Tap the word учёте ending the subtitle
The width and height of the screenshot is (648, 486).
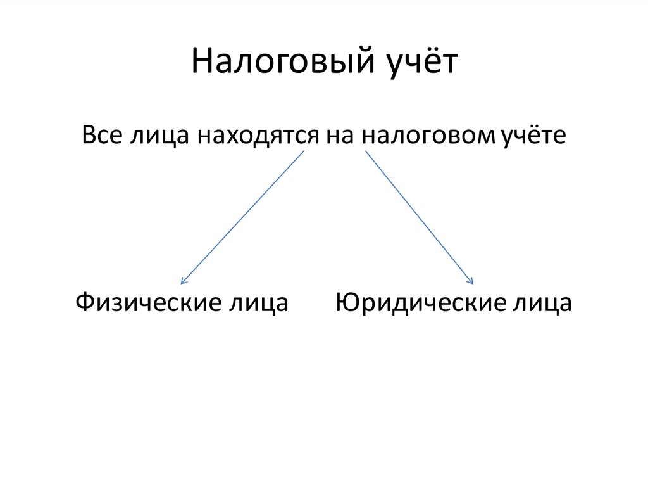tap(533, 136)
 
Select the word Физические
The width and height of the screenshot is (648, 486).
tap(144, 303)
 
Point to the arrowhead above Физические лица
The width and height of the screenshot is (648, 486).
tap(182, 281)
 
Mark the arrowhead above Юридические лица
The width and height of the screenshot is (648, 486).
tap(471, 281)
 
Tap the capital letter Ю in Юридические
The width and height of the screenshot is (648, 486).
tap(347, 302)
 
